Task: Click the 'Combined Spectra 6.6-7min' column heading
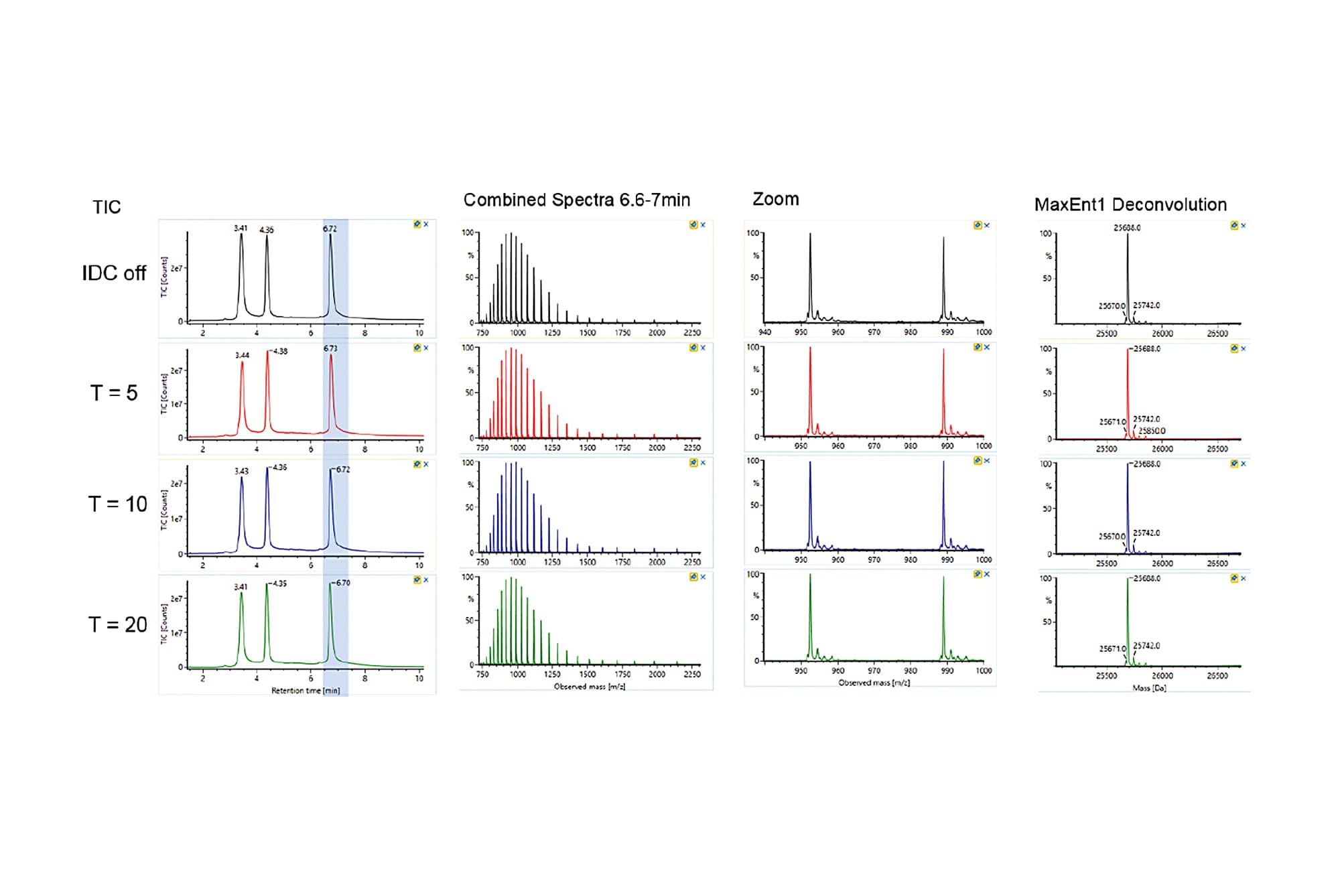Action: (576, 200)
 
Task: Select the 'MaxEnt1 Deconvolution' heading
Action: (1130, 204)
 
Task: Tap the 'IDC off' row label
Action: (114, 273)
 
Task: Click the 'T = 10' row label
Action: (117, 504)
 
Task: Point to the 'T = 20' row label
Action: (117, 624)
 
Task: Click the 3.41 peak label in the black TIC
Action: (241, 228)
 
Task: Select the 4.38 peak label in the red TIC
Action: (280, 351)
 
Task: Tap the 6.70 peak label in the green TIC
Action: (342, 583)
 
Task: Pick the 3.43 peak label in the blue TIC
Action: (241, 471)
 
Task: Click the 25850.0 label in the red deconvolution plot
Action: (1152, 431)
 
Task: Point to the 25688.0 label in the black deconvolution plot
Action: (1127, 228)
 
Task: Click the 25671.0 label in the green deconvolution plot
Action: (1112, 648)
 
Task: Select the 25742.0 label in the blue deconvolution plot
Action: (1146, 533)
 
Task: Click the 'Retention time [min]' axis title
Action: (305, 690)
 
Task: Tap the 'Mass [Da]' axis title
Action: (1149, 688)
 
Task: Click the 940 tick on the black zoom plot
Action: (764, 332)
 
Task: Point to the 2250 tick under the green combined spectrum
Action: (692, 674)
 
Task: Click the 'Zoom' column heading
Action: (775, 199)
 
